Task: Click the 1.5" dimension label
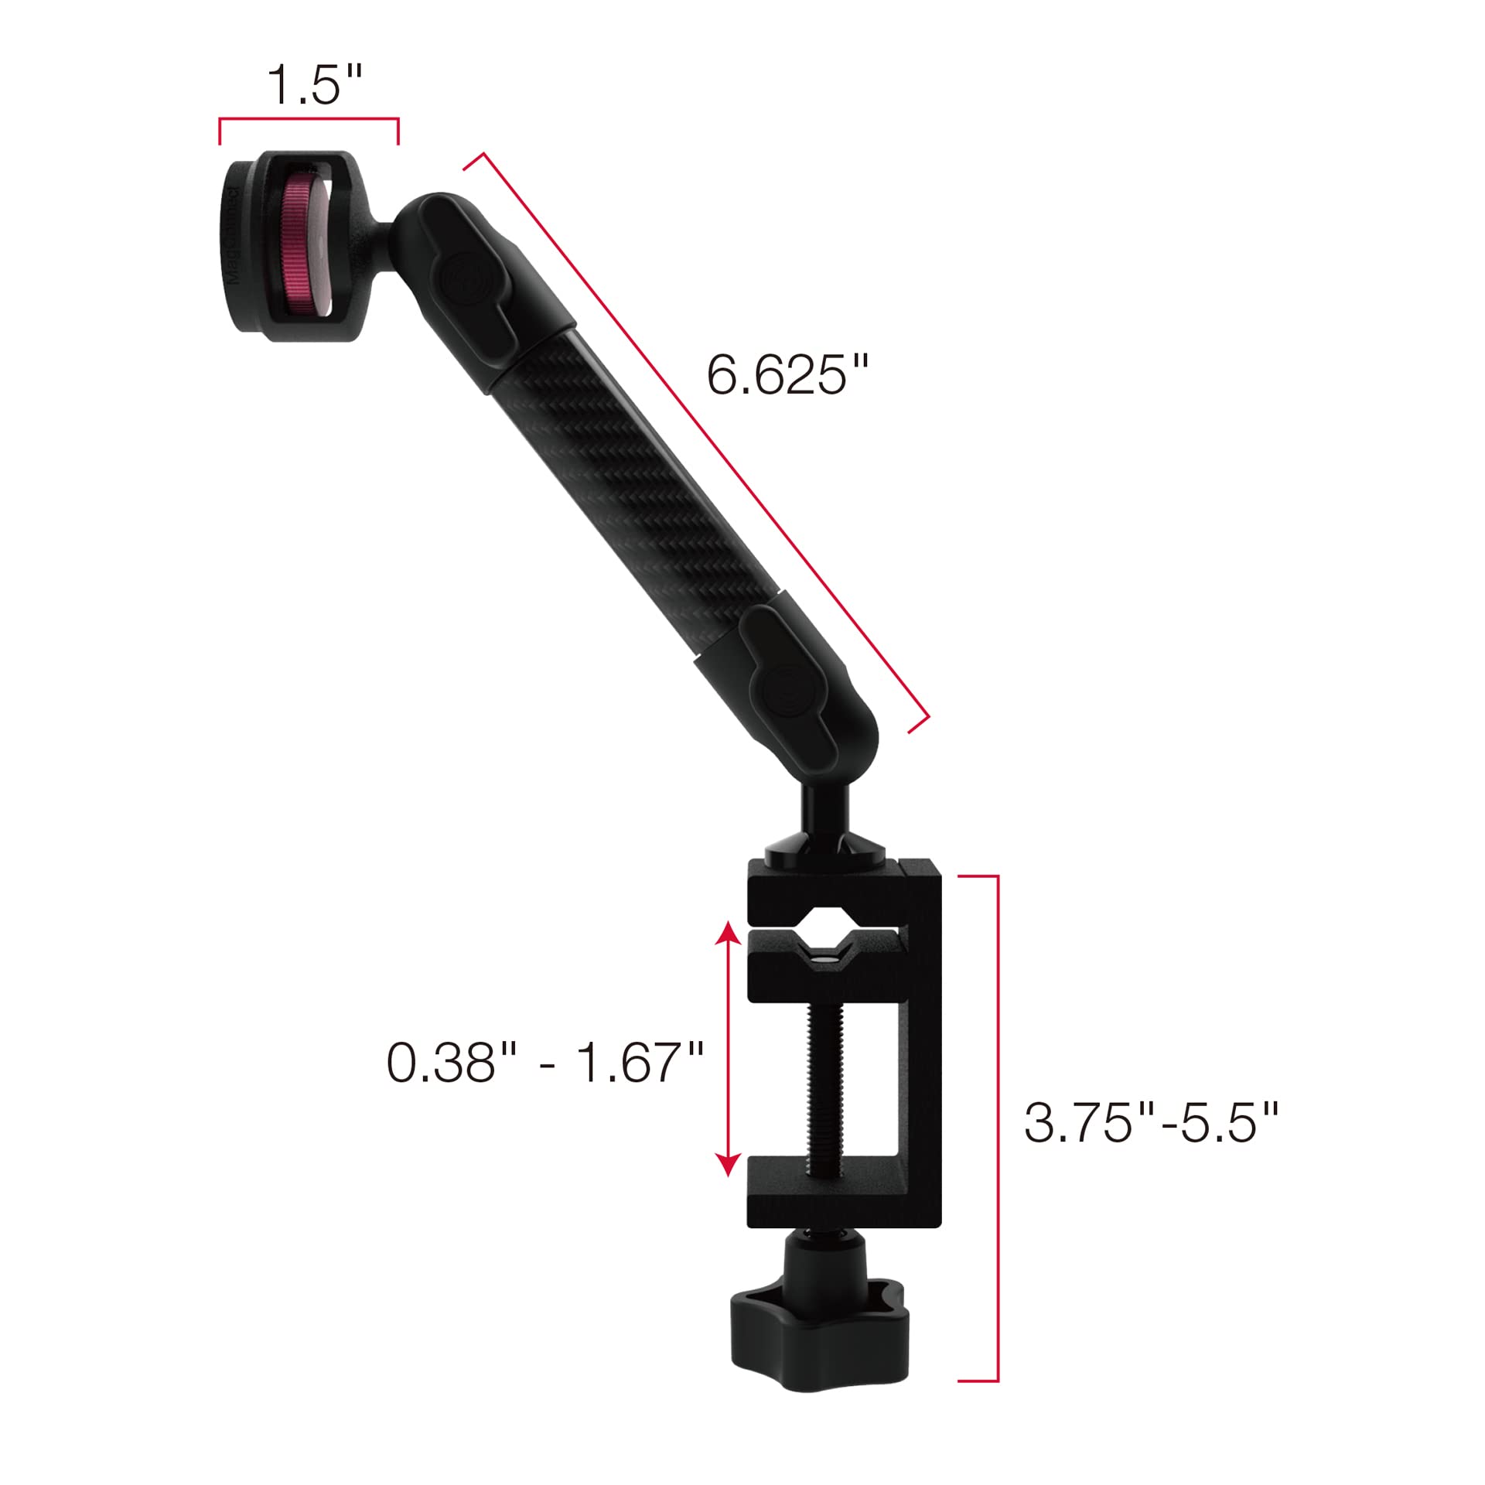pyautogui.click(x=314, y=85)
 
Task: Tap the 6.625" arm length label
pyautogui.click(x=787, y=375)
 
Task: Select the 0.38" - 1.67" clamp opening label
pyautogui.click(x=544, y=1062)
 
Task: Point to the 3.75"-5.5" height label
pyautogui.click(x=1151, y=1122)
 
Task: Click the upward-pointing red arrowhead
pyautogui.click(x=727, y=937)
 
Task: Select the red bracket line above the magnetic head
pyautogui.click(x=309, y=119)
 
